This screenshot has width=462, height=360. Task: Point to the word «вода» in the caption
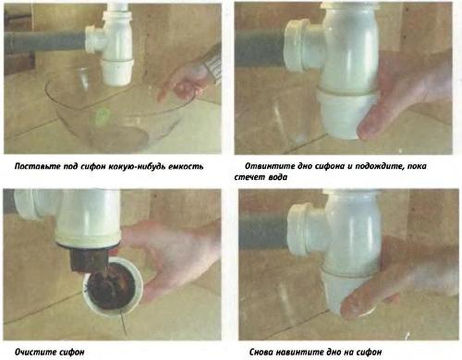278,177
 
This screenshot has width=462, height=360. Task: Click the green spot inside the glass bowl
102,116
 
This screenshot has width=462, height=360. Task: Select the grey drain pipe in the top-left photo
44,41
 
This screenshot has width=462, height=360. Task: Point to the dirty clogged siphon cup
113,287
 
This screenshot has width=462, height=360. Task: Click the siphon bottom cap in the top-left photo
117,72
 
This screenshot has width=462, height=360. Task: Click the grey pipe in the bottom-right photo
264,233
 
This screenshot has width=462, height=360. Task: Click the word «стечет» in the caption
249,177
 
